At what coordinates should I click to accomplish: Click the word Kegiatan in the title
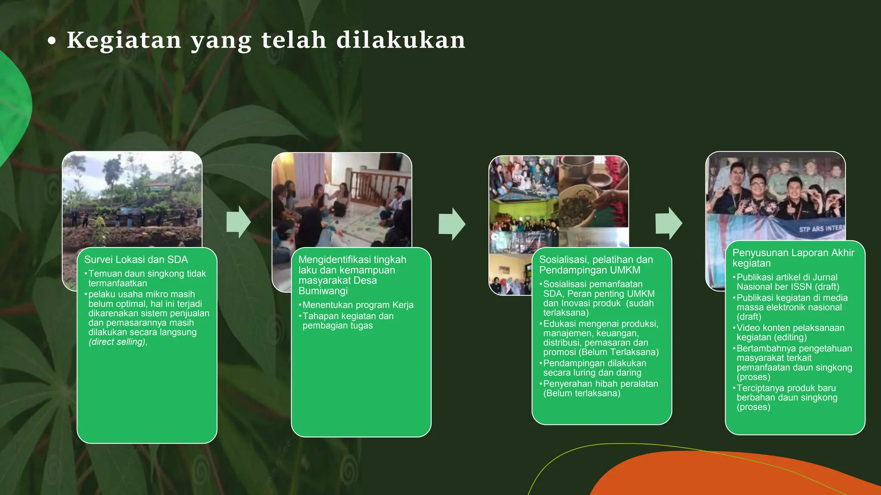pyautogui.click(x=124, y=40)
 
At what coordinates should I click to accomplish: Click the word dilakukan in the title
pyautogui.click(x=400, y=40)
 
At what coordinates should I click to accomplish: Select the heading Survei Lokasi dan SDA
pyautogui.click(x=136, y=260)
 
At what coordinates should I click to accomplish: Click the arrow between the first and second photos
pyautogui.click(x=238, y=222)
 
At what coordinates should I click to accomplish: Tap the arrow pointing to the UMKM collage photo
pyautogui.click(x=452, y=223)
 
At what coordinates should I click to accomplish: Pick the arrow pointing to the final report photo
pyautogui.click(x=668, y=223)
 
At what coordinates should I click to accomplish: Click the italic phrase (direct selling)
pyautogui.click(x=118, y=342)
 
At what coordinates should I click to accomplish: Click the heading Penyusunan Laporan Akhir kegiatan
pyautogui.click(x=793, y=258)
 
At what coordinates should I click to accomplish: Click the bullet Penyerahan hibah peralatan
pyautogui.click(x=600, y=388)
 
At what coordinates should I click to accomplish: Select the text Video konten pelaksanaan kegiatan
pyautogui.click(x=790, y=333)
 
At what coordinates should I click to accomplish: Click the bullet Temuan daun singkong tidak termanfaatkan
pyautogui.click(x=147, y=278)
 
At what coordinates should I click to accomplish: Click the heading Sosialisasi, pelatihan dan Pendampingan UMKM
pyautogui.click(x=596, y=265)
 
